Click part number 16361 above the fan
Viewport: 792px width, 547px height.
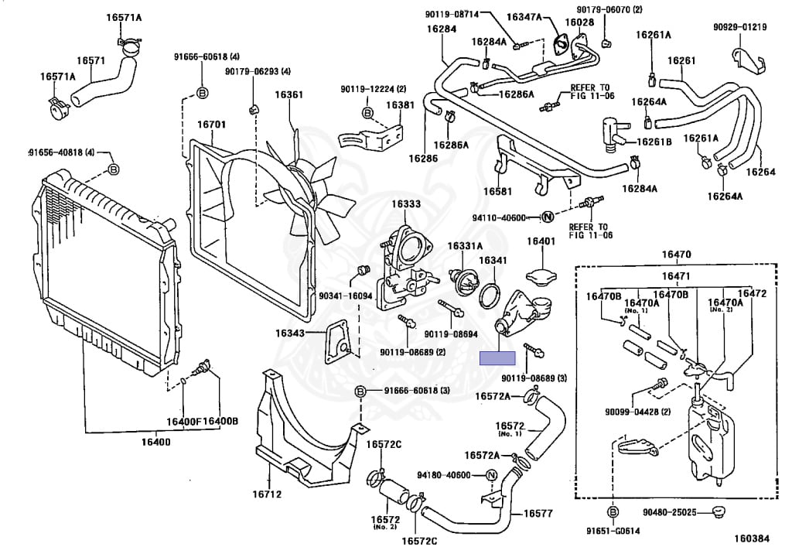click(289, 95)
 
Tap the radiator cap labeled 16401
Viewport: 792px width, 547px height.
click(541, 275)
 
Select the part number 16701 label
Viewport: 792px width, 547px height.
click(211, 125)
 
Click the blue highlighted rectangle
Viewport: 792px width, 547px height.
click(497, 357)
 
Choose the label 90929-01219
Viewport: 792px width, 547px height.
click(739, 28)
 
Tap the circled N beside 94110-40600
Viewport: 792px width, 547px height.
click(546, 217)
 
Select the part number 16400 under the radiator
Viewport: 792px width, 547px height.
click(156, 442)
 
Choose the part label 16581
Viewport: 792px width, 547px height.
click(498, 190)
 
